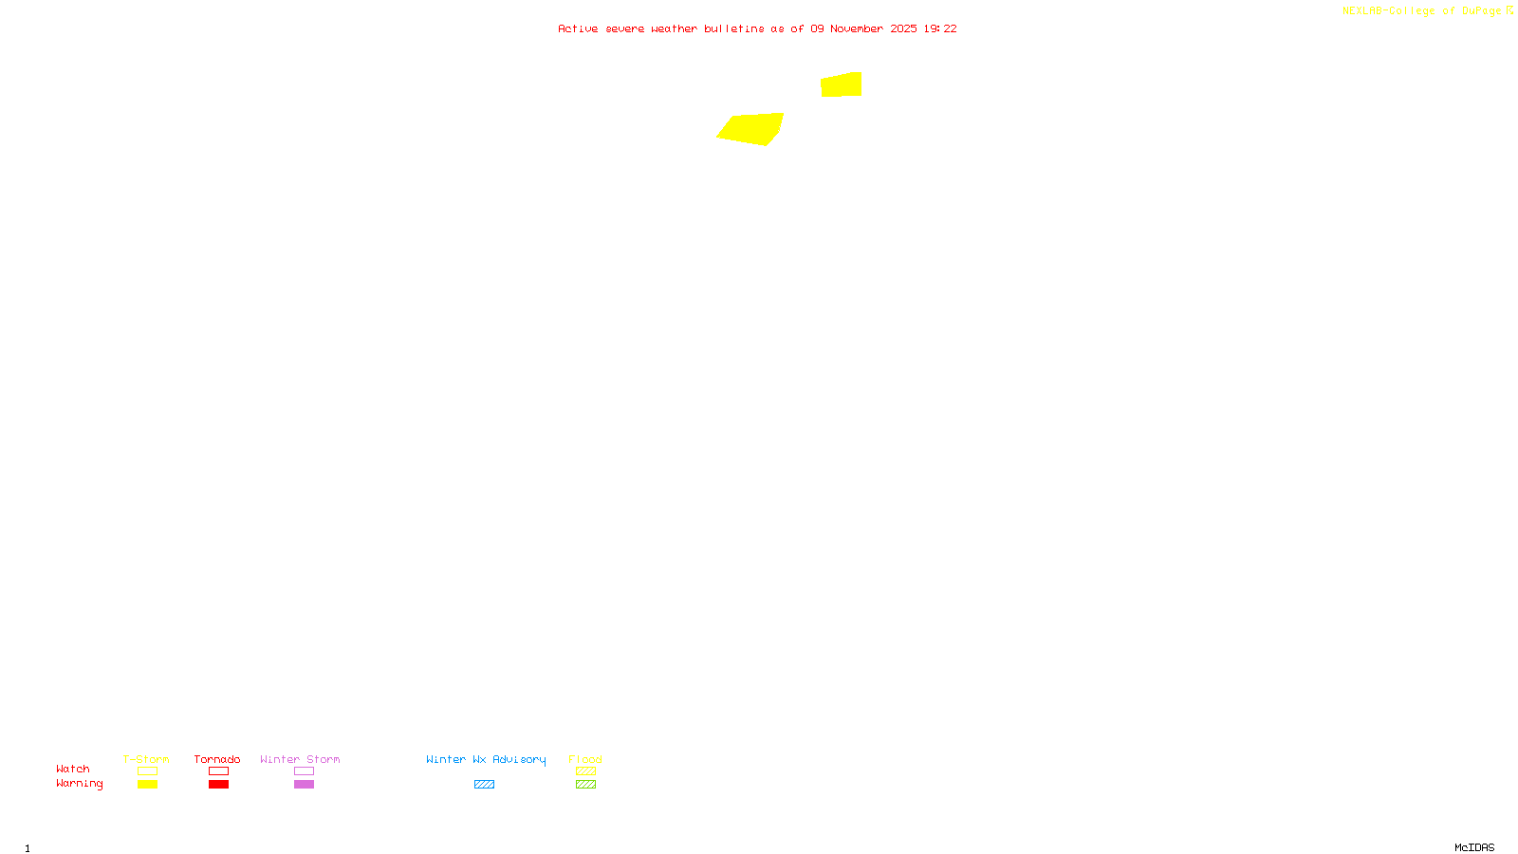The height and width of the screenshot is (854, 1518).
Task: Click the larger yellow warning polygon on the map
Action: [751, 128]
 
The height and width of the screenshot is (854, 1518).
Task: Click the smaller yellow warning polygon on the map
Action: [842, 84]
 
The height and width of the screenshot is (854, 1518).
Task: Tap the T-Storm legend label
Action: [146, 759]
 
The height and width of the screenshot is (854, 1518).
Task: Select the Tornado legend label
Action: [217, 759]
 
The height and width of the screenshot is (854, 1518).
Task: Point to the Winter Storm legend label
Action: [300, 759]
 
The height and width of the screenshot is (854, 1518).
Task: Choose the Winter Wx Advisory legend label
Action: [486, 759]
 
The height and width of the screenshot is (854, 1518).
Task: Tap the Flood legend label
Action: [585, 759]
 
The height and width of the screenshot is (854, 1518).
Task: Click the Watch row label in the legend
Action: [73, 769]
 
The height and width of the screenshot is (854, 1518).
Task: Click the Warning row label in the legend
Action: [80, 784]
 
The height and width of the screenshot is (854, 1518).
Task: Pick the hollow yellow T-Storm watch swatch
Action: [147, 771]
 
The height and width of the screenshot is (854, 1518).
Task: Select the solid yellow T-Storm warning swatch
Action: [147, 785]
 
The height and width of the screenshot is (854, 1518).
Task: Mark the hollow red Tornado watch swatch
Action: [218, 771]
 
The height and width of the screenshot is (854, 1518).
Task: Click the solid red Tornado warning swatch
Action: [218, 785]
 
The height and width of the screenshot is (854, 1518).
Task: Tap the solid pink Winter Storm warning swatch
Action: [304, 785]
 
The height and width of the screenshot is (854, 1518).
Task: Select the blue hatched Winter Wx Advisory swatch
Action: [484, 785]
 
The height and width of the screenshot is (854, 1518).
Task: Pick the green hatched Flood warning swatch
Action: [585, 785]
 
